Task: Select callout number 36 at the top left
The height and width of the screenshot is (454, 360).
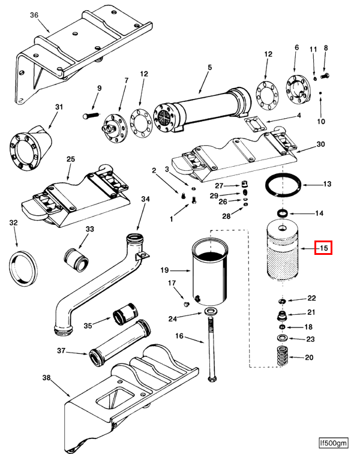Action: [34, 15]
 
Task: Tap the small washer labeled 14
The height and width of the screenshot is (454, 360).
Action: [282, 213]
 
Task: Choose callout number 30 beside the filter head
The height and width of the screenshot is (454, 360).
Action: [320, 145]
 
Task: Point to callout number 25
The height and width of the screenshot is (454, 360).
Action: [71, 159]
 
